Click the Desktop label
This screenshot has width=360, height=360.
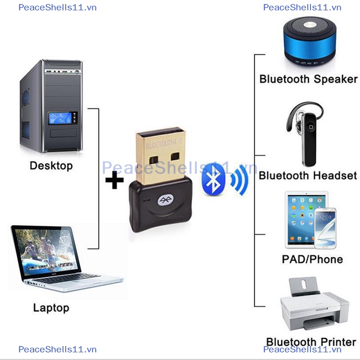(x=51, y=166)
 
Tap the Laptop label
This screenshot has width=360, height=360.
(x=51, y=308)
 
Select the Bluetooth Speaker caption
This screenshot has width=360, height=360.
(x=308, y=79)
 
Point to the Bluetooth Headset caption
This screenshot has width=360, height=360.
(x=308, y=175)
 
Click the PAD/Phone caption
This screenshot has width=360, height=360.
(x=312, y=260)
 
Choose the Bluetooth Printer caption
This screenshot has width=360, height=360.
(x=311, y=342)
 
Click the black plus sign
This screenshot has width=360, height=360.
(x=114, y=180)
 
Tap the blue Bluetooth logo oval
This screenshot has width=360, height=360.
(x=213, y=179)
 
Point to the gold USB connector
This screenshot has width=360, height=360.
(x=161, y=156)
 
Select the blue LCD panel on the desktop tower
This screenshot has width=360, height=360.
(x=60, y=118)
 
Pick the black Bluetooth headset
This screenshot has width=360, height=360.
(x=305, y=134)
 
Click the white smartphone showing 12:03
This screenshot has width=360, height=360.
(x=325, y=229)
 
